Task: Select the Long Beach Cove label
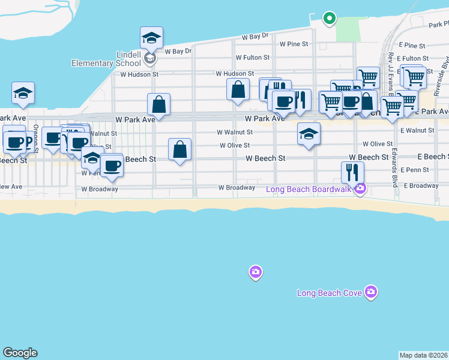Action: pos(330,293)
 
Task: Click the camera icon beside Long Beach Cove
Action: pos(371,292)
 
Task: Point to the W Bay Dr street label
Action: pos(255,37)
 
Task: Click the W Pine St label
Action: pos(294,44)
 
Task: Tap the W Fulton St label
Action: pos(252,58)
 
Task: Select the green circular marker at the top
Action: pos(329,19)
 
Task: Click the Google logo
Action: pos(20,353)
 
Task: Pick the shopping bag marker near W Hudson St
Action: pos(238,89)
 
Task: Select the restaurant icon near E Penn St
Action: pos(352,172)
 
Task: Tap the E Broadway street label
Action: pos(421,186)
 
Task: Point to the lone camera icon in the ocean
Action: pos(256,273)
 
